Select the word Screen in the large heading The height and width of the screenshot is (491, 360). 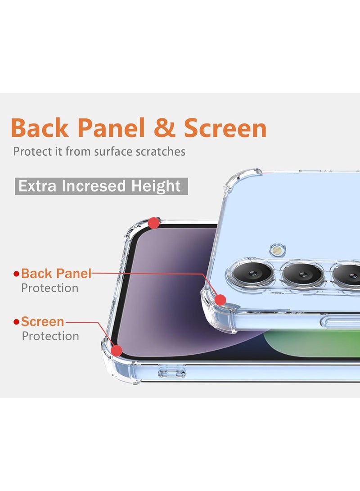click(x=225, y=128)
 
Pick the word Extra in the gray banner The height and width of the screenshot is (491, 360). click(x=37, y=186)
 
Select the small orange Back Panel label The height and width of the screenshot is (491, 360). click(x=56, y=273)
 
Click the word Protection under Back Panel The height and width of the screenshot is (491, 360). click(x=49, y=288)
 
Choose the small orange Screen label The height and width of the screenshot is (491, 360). click(x=43, y=322)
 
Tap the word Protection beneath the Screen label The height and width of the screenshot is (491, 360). click(x=50, y=336)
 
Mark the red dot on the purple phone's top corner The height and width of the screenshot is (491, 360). click(x=154, y=223)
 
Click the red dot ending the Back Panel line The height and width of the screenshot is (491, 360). click(x=220, y=300)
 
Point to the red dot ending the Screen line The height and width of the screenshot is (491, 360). click(x=117, y=351)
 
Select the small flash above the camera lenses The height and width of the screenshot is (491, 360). click(x=278, y=248)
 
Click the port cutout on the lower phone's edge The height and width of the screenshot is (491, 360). click(x=172, y=372)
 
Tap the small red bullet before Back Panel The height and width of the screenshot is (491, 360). click(x=17, y=274)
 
